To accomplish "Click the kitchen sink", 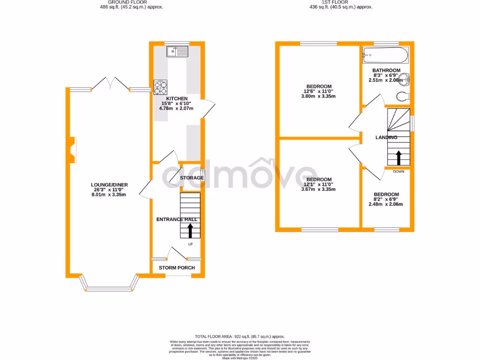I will coord(177,51).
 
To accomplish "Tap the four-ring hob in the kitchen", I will coord(160,88).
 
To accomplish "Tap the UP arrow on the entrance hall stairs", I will coord(190,230).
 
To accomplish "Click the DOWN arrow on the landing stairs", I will coord(398,157).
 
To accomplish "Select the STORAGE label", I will coord(192,178).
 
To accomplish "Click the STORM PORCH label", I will coord(177,268).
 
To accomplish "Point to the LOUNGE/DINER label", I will coord(109,185).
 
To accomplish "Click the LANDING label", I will coord(386,137).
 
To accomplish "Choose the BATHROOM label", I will coord(386,70).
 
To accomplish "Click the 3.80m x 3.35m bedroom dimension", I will coord(319,96).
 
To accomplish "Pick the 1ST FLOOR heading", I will coord(335,2).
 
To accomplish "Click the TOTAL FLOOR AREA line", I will coord(240,337).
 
